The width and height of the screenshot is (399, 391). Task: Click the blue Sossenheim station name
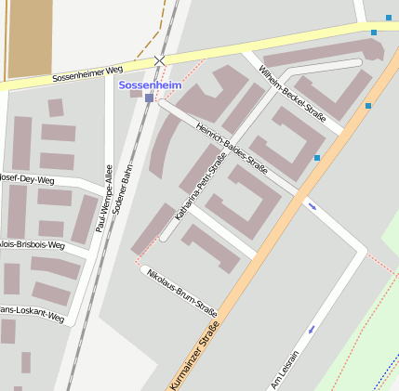tap(150, 85)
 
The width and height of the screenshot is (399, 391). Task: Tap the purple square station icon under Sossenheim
tap(149, 98)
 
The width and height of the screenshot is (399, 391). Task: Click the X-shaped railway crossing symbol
tap(159, 60)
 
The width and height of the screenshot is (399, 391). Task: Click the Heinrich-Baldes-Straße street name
tap(233, 148)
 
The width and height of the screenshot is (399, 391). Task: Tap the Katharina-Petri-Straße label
tap(201, 189)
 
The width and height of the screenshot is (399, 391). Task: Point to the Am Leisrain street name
tap(286, 369)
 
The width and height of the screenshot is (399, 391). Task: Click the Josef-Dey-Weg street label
tap(28, 178)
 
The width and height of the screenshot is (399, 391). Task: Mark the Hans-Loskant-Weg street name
tap(32, 314)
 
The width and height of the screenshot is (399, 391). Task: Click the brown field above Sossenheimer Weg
tap(29, 37)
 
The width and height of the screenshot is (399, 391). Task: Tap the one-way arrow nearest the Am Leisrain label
tap(312, 329)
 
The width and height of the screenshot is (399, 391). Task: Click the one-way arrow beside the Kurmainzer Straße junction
tap(312, 206)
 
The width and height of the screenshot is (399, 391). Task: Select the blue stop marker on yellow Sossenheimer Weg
tap(374, 33)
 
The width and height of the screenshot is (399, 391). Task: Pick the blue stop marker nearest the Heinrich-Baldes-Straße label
tap(317, 158)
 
